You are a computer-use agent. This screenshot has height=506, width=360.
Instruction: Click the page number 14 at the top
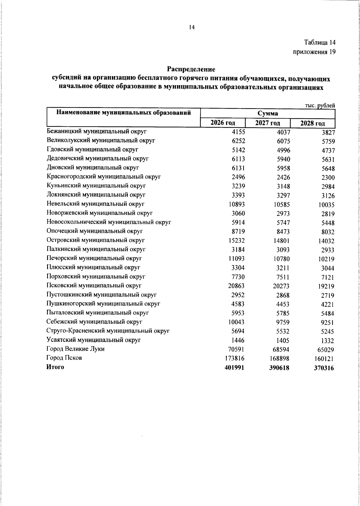(192, 28)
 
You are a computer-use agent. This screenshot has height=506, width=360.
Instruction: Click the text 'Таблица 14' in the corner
(319, 42)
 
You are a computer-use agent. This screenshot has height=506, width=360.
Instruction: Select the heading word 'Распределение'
(191, 69)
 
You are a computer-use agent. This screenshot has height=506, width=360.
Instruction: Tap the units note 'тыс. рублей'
(320, 105)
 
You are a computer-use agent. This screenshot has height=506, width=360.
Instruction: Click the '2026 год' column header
(223, 123)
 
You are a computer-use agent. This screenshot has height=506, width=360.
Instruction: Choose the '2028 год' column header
(313, 123)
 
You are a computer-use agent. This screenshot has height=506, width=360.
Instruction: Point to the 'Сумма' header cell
(267, 113)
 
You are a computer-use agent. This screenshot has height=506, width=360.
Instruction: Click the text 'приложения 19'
(314, 52)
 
